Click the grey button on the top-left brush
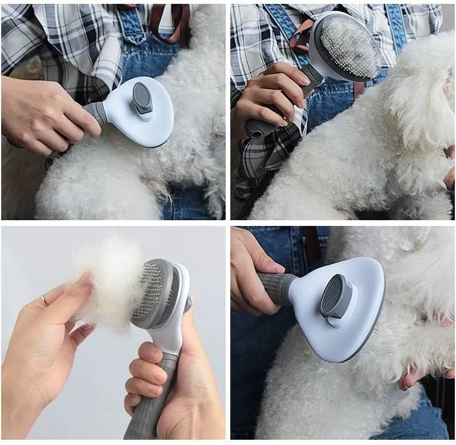[143, 99]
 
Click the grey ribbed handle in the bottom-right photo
[277, 286]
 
